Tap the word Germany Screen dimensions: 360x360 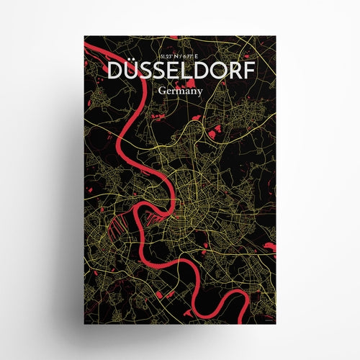[180, 91]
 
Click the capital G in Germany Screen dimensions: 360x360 [158, 91]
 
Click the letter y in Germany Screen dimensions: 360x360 [201, 93]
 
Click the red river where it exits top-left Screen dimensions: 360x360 [89, 45]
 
